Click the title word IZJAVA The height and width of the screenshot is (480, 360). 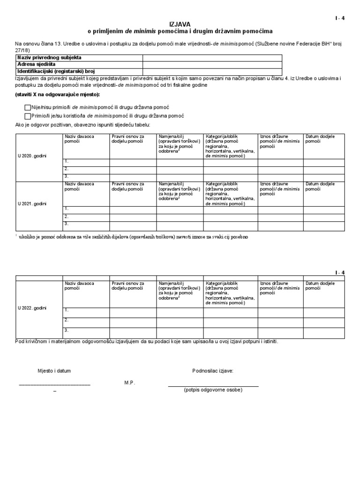180,23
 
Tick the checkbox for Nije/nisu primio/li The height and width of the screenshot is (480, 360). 27,107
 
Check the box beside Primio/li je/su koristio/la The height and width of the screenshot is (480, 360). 27,116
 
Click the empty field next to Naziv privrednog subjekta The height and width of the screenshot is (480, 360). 212,58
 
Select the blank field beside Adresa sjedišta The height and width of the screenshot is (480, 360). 212,64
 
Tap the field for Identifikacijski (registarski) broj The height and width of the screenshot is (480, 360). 212,71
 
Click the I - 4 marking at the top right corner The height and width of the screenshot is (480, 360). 339,18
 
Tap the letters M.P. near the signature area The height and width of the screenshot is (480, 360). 129,383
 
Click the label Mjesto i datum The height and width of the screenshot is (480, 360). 54,371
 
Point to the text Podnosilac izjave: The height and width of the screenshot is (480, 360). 213,371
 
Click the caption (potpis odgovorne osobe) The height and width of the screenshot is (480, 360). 213,390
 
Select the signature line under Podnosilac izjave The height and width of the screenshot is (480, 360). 213,386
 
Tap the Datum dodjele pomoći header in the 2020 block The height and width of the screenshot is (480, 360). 320,139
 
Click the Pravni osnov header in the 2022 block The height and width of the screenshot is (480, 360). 128,285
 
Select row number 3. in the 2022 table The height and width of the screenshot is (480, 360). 67,330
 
